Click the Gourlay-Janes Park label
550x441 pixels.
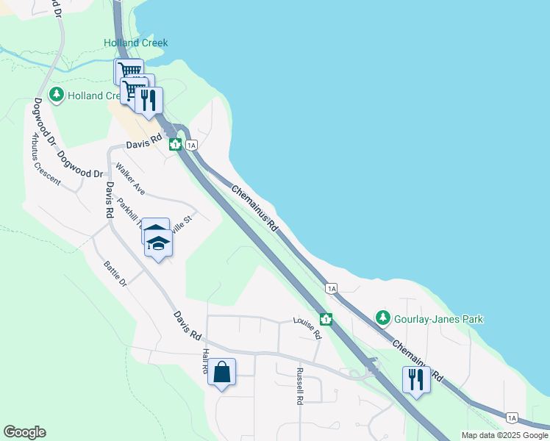[438, 319]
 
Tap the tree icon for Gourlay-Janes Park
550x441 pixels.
[382, 318]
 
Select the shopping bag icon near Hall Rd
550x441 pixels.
[222, 373]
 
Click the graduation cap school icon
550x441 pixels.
[157, 243]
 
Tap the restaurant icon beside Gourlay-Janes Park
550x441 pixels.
[416, 379]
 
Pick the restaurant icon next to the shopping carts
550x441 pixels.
[149, 100]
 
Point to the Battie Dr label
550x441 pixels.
[115, 273]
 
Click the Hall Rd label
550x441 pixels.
[206, 361]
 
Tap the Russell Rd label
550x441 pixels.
[299, 387]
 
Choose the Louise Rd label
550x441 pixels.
[307, 328]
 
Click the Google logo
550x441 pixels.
[24, 432]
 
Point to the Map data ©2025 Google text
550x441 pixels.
[504, 435]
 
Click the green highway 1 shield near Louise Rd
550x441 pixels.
[326, 320]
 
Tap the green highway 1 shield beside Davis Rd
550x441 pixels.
[176, 144]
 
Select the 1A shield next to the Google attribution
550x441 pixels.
[512, 417]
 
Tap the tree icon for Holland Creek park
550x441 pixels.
[57, 96]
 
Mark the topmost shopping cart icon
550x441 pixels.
[129, 71]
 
